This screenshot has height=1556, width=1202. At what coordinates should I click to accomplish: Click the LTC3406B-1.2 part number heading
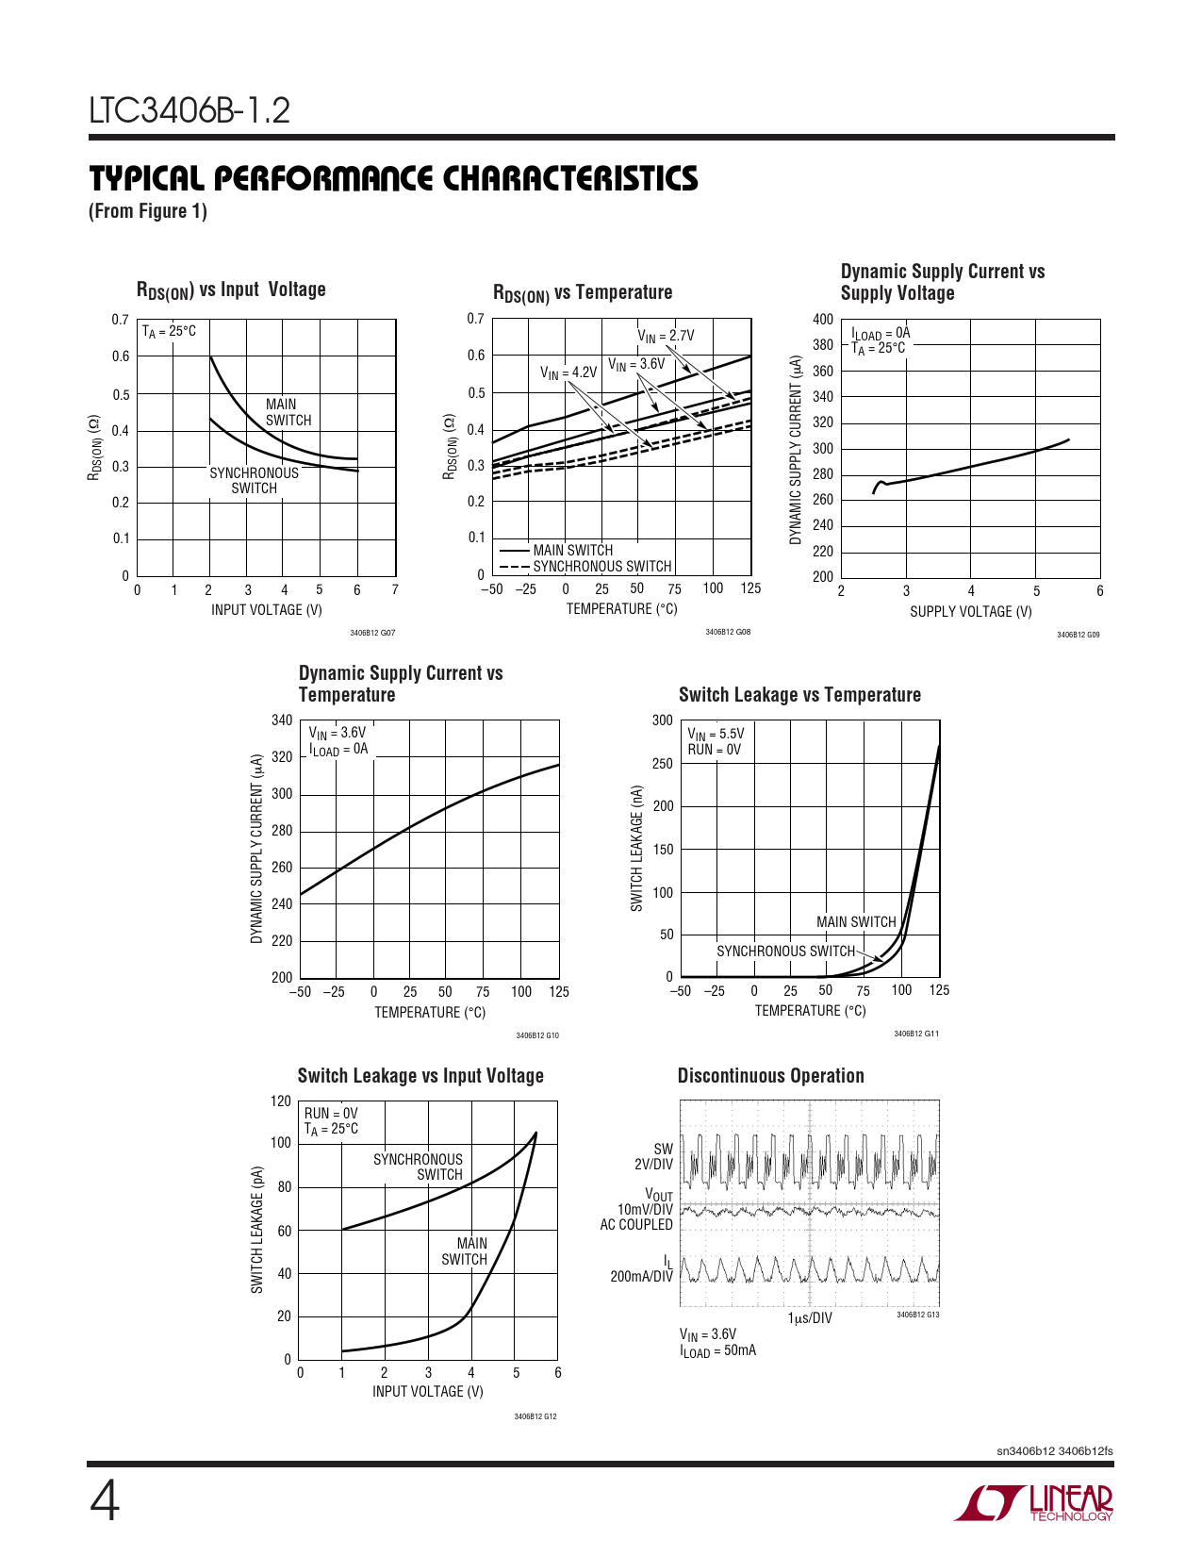189,111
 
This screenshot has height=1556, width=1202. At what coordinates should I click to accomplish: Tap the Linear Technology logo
1033,1503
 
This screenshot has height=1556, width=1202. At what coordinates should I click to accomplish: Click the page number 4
104,1502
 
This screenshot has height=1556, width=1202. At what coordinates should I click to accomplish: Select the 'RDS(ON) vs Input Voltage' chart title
231,290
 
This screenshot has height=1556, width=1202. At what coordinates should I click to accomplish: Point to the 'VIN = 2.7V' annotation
666,336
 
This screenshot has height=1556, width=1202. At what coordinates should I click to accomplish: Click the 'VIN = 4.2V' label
568,372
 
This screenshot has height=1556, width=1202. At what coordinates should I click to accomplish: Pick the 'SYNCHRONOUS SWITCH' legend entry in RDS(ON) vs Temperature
601,567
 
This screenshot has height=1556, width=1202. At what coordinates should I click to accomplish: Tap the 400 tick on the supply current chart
823,320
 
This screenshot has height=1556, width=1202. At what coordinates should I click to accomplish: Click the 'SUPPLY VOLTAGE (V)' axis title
970,612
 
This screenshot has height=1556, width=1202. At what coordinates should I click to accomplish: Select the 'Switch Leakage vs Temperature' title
799,695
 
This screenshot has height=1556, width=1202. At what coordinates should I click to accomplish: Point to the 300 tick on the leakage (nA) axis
663,720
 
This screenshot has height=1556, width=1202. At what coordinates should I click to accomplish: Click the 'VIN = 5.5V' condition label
716,734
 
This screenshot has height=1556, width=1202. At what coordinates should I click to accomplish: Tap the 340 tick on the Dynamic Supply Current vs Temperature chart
282,720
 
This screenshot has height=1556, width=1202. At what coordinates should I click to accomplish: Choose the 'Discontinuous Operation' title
770,1076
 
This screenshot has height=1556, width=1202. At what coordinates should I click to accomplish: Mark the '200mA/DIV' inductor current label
641,1277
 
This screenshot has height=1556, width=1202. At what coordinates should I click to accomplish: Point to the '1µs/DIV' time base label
810,1317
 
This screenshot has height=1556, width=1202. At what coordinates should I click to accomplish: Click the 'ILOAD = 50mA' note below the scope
717,1351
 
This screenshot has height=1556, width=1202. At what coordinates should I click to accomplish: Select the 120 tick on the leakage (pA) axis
281,1101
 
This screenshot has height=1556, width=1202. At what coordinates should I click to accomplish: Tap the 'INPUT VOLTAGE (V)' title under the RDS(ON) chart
267,610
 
